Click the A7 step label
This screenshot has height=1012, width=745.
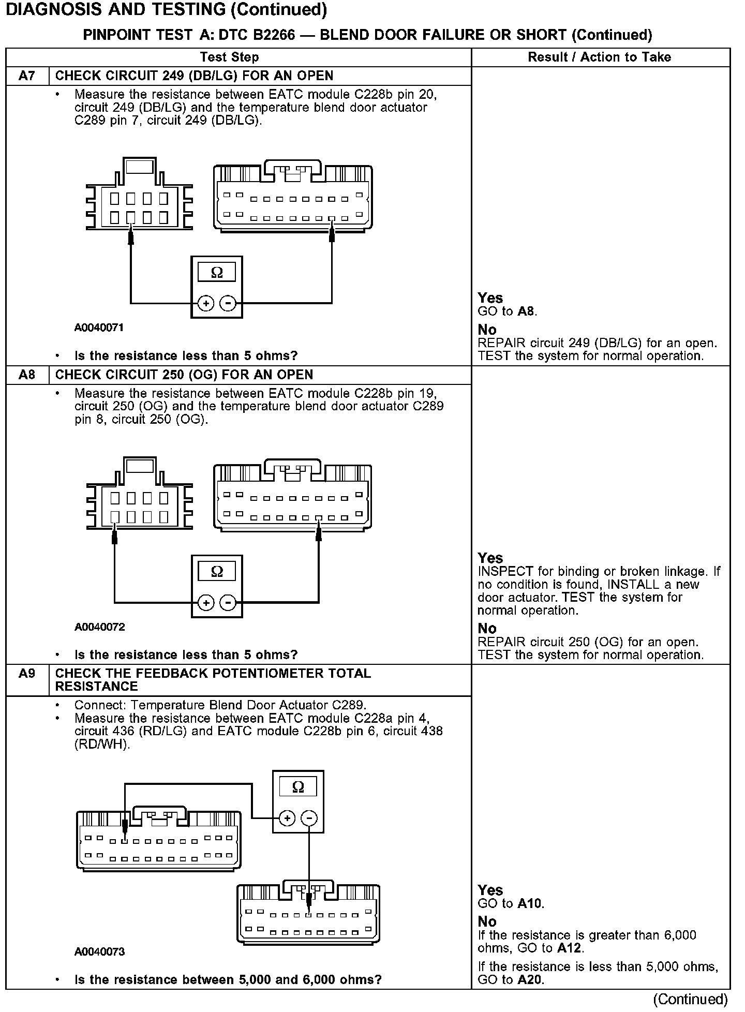click(27, 76)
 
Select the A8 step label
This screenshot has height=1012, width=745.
click(27, 375)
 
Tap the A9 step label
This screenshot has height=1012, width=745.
click(27, 674)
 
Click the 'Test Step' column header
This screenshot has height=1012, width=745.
click(229, 57)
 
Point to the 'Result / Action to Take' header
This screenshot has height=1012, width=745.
click(599, 57)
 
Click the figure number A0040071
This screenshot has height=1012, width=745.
click(99, 328)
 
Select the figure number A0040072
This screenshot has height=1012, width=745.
click(99, 627)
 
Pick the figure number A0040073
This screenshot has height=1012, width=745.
click(99, 951)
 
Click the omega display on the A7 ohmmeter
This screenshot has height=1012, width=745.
click(217, 272)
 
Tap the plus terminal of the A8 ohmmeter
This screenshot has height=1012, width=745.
click(206, 603)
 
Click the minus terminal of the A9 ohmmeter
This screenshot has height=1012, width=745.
click(309, 818)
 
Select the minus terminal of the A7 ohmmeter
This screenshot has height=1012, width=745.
click(228, 303)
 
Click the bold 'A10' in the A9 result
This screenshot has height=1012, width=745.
click(530, 904)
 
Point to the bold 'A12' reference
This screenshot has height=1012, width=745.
click(569, 948)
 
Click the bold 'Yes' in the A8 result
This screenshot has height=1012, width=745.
click(490, 558)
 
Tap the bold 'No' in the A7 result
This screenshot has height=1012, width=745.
click(487, 330)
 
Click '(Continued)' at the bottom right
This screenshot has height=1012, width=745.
click(691, 999)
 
